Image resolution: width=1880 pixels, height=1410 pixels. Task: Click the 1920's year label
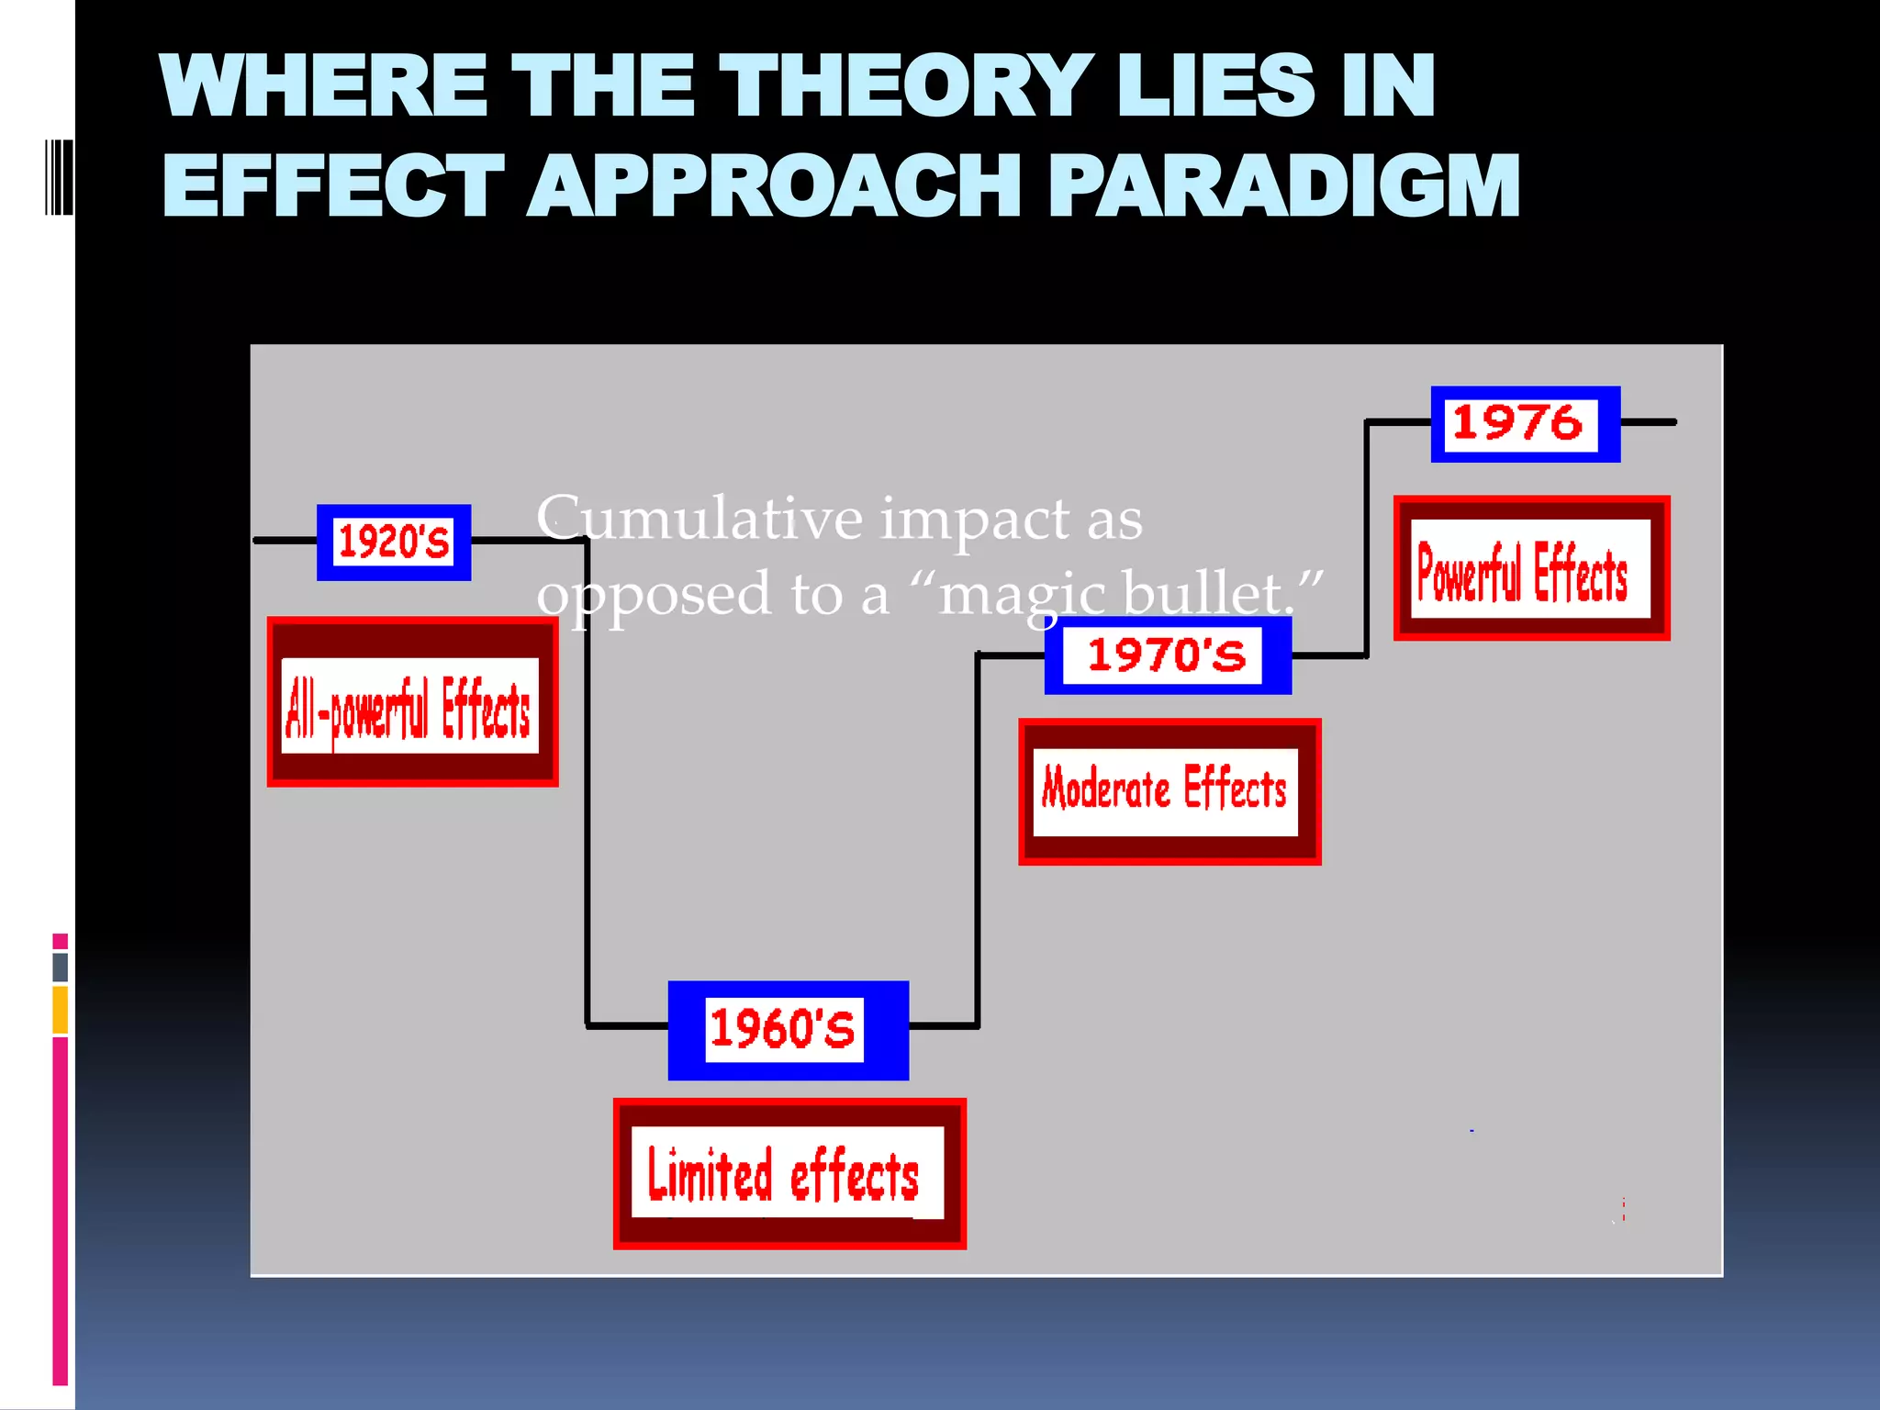click(x=394, y=542)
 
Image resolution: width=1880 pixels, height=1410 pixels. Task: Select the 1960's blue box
click(x=788, y=1029)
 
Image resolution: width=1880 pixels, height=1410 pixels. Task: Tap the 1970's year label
click(x=1167, y=655)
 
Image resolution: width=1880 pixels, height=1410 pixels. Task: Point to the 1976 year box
click(x=1525, y=424)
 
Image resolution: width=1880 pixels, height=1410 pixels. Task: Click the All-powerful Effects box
click(x=412, y=702)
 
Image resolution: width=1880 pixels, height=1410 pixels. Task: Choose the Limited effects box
click(x=789, y=1173)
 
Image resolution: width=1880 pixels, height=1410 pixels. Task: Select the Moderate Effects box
click(x=1169, y=791)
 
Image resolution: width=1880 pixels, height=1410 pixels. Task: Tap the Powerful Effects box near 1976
click(x=1530, y=568)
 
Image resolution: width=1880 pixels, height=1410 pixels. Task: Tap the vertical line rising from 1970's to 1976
click(x=1367, y=542)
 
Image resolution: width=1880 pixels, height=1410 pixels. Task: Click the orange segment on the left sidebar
click(x=61, y=1010)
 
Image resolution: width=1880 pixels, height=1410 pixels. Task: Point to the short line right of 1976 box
click(x=1649, y=422)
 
